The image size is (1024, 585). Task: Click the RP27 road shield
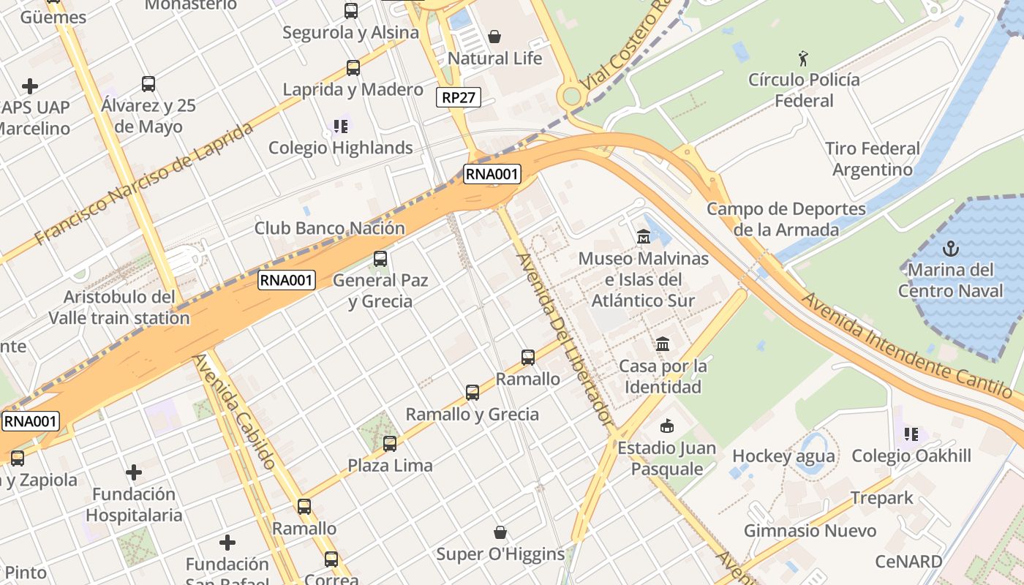click(459, 98)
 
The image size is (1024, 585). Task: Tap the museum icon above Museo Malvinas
click(644, 236)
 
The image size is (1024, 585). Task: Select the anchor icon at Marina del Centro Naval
click(950, 248)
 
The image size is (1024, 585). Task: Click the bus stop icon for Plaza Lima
click(390, 443)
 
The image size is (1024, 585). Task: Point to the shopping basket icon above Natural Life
click(494, 37)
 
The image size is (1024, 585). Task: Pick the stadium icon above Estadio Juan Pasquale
click(666, 426)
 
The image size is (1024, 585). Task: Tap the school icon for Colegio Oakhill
click(911, 434)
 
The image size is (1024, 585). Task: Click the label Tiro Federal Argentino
click(873, 159)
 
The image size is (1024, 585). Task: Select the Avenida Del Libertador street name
click(564, 339)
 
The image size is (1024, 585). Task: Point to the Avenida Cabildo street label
click(235, 411)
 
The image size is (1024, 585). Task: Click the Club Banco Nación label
click(329, 228)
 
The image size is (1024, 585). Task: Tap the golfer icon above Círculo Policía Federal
click(804, 58)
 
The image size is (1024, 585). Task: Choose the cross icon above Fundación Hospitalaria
click(133, 472)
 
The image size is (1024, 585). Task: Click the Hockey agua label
click(783, 456)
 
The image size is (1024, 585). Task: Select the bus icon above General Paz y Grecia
click(380, 258)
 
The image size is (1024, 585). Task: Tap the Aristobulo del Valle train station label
click(119, 308)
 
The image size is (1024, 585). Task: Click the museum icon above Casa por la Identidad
click(663, 344)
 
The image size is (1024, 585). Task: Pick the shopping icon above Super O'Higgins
click(500, 532)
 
